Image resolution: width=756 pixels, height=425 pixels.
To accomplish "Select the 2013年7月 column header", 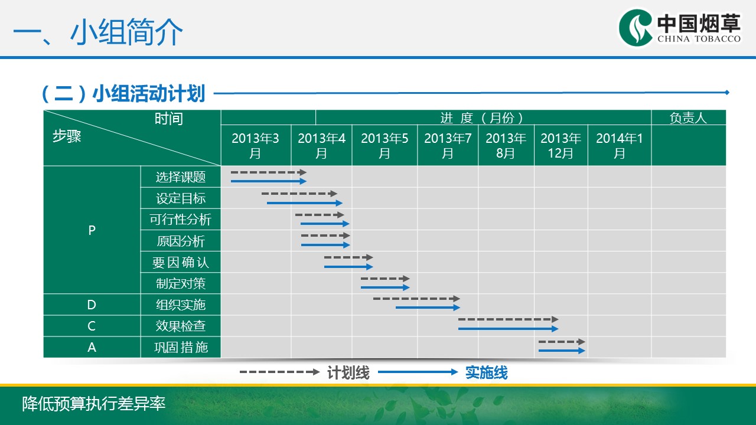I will (448, 146).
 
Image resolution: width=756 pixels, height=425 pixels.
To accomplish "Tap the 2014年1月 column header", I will (619, 146).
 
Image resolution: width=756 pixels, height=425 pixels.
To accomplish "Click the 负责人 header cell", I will (688, 118).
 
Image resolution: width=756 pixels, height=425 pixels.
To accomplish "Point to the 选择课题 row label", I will (181, 177).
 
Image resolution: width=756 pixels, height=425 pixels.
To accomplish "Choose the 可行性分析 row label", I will (181, 220).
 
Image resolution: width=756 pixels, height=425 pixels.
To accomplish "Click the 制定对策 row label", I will (181, 283).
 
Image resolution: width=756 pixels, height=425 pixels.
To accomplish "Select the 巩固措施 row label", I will (181, 347).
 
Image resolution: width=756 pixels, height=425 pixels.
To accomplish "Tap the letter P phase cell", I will (92, 230).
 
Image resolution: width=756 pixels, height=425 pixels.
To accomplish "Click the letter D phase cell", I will (92, 305).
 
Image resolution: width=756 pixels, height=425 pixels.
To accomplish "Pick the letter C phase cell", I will (92, 326).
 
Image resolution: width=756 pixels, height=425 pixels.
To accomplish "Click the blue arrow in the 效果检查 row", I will (508, 328).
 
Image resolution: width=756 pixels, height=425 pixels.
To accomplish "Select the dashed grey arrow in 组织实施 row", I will (416, 299).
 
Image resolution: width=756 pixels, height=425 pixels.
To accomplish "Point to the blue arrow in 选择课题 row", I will (269, 181).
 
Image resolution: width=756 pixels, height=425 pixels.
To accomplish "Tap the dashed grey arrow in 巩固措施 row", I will (561, 342).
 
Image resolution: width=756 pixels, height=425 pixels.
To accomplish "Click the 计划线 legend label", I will (348, 372).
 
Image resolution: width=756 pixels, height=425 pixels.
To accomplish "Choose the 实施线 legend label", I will (486, 372).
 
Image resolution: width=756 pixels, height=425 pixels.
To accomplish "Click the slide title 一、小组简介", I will (98, 32).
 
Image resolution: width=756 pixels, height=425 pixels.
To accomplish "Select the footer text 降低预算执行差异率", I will (93, 404).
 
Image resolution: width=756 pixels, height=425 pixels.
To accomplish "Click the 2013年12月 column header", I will (561, 146).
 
